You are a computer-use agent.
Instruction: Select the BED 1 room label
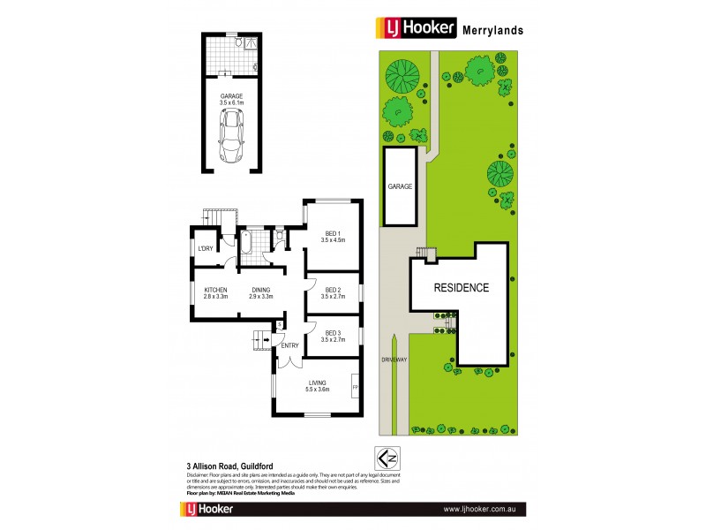coord(334,232)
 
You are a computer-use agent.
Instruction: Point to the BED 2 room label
coord(334,289)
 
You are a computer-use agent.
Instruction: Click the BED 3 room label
coord(334,333)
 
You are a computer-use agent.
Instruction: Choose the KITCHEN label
coord(216,290)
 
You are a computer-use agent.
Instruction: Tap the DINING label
coord(260,290)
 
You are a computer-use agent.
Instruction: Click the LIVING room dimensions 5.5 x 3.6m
coord(317,389)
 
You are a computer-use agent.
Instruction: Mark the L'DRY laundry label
coord(207,248)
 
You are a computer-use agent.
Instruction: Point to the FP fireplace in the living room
coord(355,388)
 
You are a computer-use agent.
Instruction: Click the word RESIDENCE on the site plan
coord(460,288)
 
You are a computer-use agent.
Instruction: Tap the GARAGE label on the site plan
coord(400,186)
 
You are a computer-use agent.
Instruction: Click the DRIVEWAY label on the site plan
coord(394,360)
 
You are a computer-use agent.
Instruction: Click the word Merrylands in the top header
coord(493,29)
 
